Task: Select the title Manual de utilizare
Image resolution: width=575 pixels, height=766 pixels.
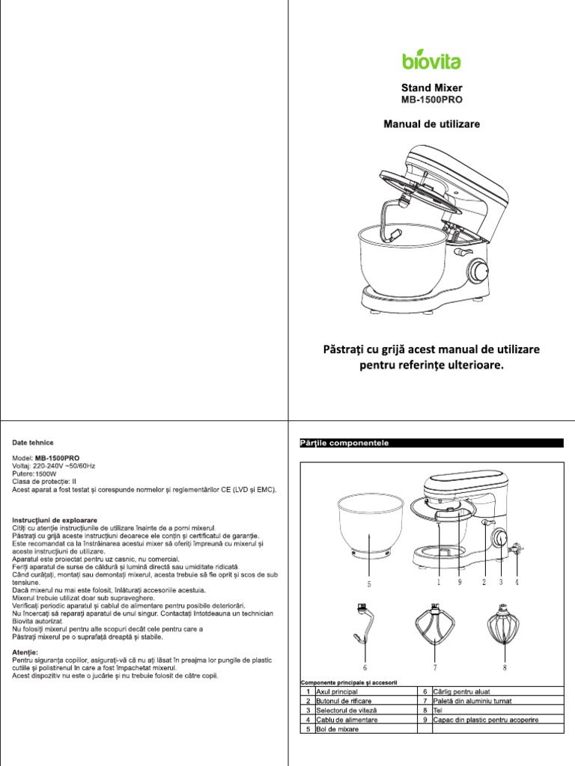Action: [x=431, y=123]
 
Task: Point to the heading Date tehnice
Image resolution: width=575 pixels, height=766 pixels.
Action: [x=32, y=443]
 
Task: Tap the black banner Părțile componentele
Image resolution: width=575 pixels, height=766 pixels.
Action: [x=431, y=443]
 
